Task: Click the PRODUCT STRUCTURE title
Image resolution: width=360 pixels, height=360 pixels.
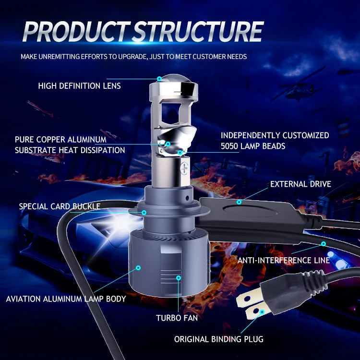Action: (143, 32)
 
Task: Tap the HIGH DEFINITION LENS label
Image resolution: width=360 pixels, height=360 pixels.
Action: (79, 86)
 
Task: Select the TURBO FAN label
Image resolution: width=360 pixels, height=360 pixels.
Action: (177, 318)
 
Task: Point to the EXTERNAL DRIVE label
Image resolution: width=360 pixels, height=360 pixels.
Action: (300, 184)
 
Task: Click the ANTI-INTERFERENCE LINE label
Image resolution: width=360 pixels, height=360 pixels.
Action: (284, 260)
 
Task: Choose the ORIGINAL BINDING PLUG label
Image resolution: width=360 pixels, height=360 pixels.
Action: (218, 339)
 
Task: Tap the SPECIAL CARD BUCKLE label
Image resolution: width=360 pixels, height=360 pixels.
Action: (60, 206)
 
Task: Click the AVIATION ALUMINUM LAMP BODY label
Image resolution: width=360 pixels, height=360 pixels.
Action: (66, 299)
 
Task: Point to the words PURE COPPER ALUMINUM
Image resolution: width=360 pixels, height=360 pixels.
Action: (60, 140)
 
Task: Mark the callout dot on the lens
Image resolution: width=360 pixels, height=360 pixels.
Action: (159, 78)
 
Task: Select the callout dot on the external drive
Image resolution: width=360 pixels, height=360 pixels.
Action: (239, 202)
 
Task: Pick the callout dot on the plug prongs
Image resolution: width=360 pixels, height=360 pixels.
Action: (262, 312)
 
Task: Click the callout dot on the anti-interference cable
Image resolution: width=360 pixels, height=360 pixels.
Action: (324, 244)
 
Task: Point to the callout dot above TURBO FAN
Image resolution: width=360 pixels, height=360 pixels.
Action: (178, 277)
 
